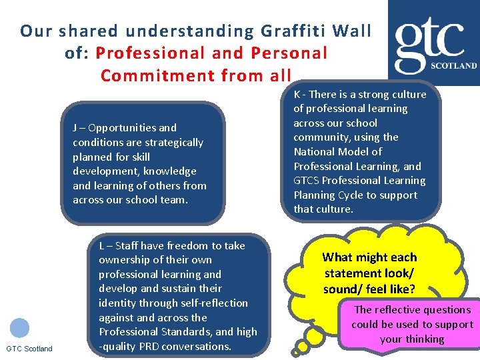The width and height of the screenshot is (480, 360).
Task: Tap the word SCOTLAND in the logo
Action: (x=455, y=66)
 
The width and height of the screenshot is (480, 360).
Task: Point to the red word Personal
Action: (x=289, y=53)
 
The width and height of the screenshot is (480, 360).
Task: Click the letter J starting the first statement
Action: (x=75, y=128)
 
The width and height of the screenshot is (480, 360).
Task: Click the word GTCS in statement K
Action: (x=308, y=181)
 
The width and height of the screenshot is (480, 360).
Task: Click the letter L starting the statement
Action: (x=101, y=246)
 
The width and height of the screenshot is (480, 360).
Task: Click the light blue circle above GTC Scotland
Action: (x=20, y=328)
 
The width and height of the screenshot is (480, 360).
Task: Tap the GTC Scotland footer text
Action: (x=29, y=349)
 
